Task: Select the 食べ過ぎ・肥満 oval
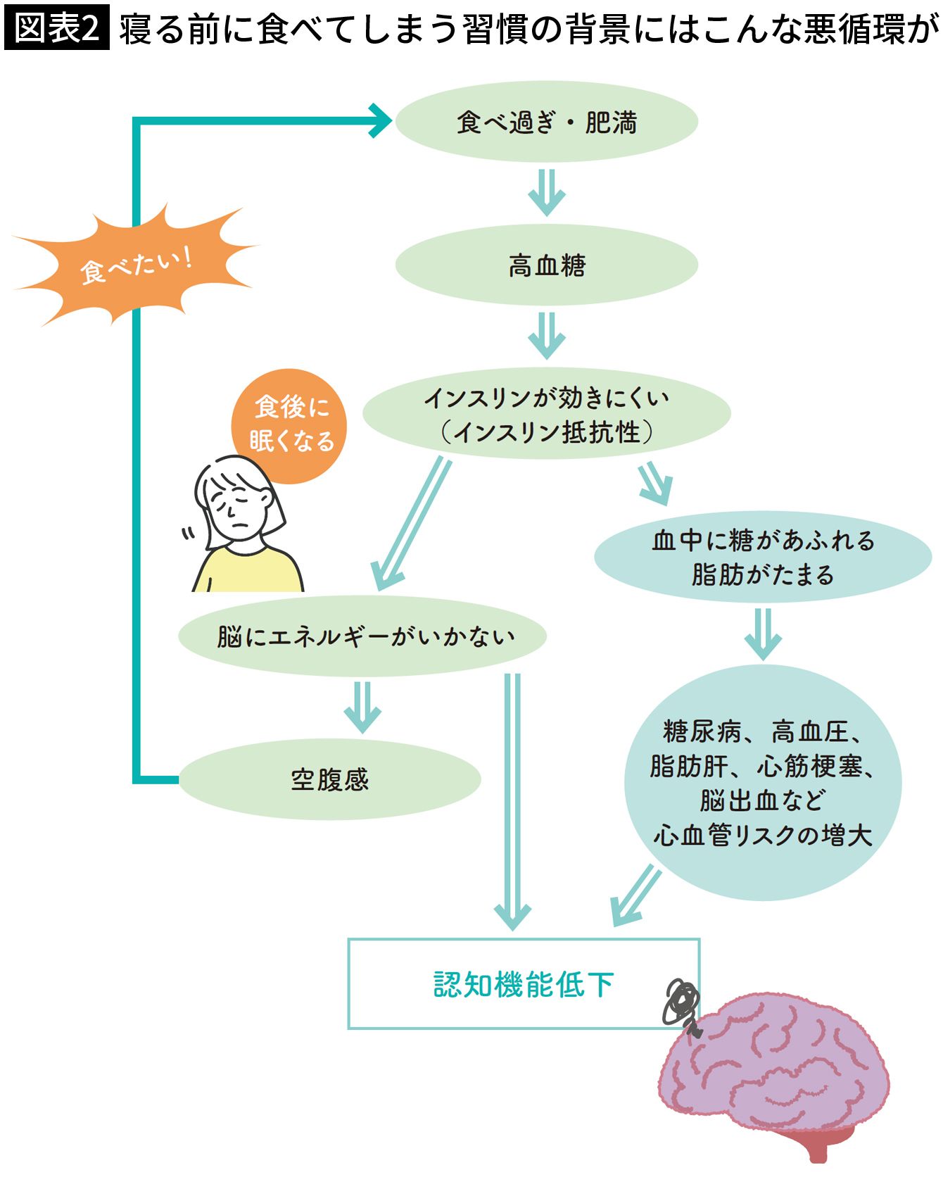546,122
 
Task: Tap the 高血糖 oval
546,265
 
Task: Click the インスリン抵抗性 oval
546,414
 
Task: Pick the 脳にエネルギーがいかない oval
363,636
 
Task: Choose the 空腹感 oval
329,779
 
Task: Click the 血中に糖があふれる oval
763,557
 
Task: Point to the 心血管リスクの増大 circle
763,783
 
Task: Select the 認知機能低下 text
524,984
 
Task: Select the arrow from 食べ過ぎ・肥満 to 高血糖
546,192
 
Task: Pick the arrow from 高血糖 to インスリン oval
546,336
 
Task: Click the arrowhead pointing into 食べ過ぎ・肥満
380,121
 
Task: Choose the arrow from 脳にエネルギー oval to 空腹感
362,707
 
